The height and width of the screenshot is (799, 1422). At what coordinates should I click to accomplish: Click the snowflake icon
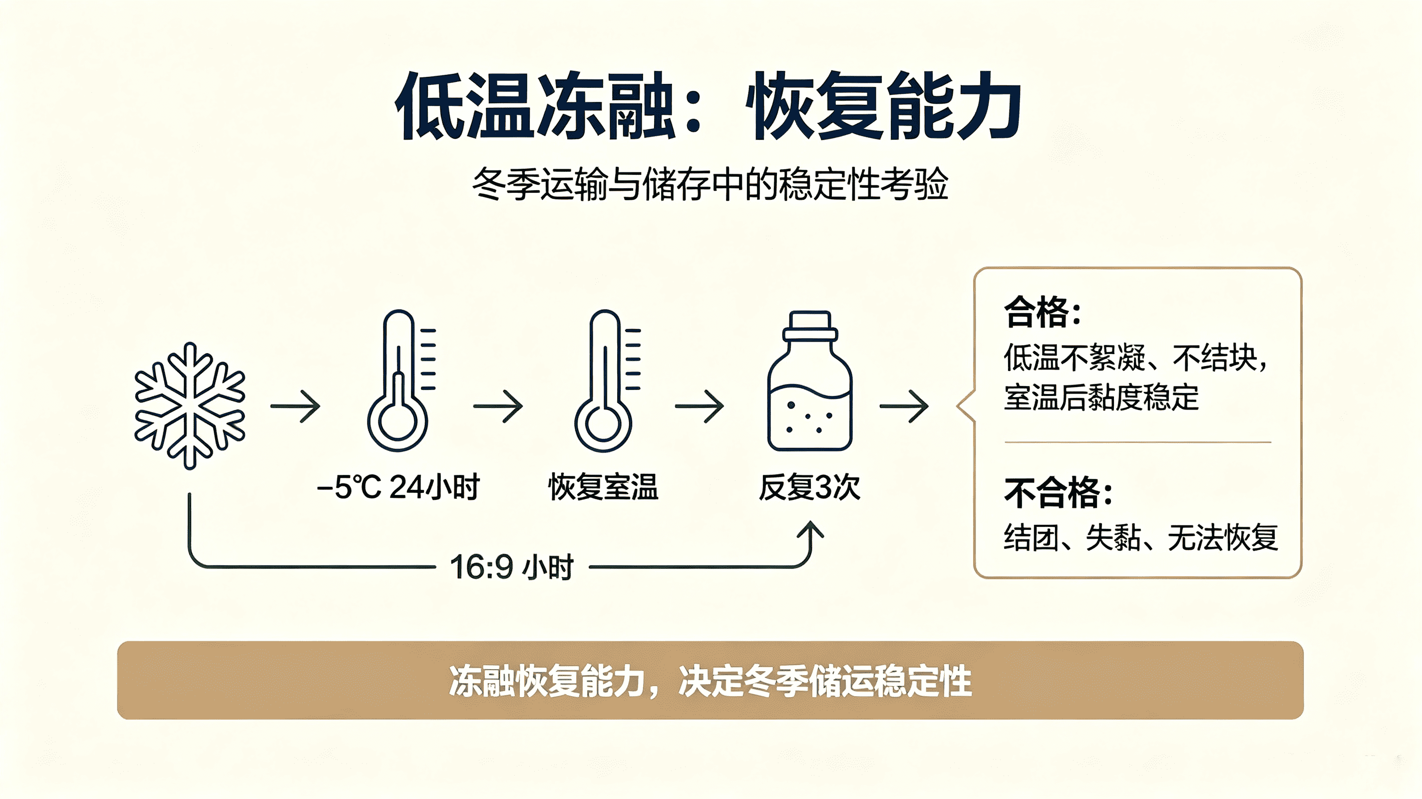click(190, 406)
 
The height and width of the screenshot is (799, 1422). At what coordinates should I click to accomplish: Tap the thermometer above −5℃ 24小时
click(398, 381)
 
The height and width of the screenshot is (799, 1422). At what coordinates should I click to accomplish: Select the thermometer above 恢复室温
click(605, 381)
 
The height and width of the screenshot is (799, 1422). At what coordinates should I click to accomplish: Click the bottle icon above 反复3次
click(810, 381)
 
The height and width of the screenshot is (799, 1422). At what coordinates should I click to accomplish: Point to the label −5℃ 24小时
click(398, 487)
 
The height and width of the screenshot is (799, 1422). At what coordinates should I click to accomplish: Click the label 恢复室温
click(603, 487)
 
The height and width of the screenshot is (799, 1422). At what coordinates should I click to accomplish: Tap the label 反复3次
click(810, 487)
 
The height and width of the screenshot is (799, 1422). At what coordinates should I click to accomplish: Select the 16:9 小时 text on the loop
click(512, 567)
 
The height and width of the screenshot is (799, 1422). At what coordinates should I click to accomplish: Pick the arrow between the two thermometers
click(498, 406)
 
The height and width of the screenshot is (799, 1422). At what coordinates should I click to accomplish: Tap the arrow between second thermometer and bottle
click(700, 406)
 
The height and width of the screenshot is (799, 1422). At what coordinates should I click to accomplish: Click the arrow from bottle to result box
click(904, 406)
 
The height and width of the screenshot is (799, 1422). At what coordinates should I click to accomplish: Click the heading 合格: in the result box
click(1042, 312)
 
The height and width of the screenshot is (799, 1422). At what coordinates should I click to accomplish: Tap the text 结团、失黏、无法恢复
click(1141, 537)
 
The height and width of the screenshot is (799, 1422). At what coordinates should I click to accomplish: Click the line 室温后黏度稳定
click(1101, 398)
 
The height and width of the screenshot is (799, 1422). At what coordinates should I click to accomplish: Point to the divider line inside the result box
click(1138, 442)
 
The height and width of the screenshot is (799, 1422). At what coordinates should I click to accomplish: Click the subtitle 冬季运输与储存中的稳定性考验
click(711, 184)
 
